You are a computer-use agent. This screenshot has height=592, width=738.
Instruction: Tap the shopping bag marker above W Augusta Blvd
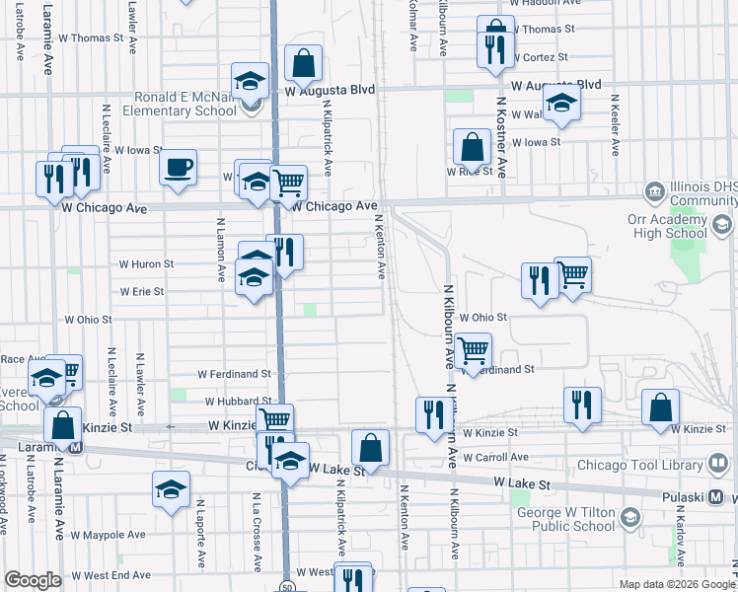coord(304,63)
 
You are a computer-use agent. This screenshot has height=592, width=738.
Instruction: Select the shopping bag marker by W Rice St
coord(473,147)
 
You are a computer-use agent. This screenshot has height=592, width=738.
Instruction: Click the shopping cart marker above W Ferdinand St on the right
coord(474,349)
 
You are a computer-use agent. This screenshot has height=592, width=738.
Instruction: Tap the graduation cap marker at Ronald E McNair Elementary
coord(251,81)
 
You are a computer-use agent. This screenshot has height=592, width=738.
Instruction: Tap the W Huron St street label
coord(146,264)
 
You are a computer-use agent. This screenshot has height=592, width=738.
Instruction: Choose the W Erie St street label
coord(142,292)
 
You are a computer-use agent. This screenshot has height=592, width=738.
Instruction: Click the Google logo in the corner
coord(33,580)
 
